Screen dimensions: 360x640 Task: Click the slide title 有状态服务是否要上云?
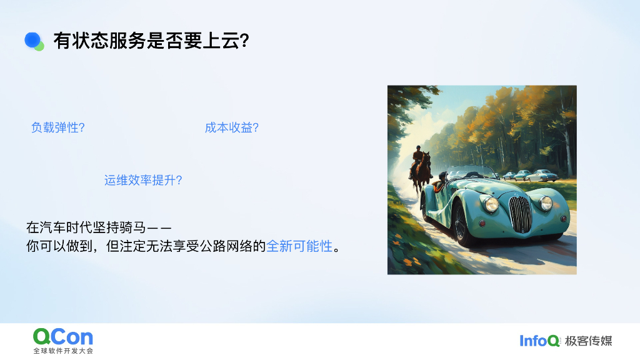tap(152, 41)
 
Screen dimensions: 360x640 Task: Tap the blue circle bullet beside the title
tap(32, 40)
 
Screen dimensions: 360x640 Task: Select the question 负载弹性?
tap(58, 127)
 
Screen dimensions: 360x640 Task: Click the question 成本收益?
tap(232, 127)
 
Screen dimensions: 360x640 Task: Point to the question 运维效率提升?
tap(143, 181)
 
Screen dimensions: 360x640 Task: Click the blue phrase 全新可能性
tap(299, 246)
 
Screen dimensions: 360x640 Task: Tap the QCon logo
tap(63, 337)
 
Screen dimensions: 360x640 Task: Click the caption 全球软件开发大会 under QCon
tap(63, 351)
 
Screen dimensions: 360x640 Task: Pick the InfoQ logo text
tap(539, 341)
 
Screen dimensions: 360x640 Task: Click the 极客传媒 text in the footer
tap(588, 341)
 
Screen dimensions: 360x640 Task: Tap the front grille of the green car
tap(520, 212)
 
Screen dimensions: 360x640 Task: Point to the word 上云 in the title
tap(223, 41)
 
